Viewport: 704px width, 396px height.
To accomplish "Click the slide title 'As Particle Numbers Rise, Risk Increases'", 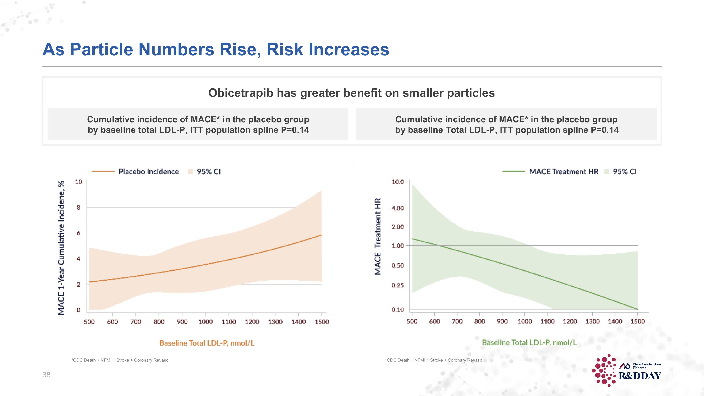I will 216,50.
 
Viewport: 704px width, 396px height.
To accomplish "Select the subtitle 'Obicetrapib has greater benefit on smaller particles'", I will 352,93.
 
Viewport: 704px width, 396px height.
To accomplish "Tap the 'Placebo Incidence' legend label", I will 148,172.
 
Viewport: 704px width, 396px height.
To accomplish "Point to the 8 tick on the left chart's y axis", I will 78,208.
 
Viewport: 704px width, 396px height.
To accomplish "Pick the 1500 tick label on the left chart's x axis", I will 322,322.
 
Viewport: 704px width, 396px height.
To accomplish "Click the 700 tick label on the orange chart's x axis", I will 136,322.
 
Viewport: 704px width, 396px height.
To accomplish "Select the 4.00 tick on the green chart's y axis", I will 397,208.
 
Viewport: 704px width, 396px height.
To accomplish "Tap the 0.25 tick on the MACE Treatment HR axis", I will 397,285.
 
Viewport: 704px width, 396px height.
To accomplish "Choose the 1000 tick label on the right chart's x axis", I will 525,321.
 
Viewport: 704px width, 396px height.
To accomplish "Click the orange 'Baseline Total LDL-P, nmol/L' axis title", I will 207,343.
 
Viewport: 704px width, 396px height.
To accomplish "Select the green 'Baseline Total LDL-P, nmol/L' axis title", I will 529,342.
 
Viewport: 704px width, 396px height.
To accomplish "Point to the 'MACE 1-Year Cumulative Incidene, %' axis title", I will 61,248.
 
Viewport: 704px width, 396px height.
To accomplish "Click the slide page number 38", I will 46,375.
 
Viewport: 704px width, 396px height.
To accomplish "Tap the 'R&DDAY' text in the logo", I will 639,376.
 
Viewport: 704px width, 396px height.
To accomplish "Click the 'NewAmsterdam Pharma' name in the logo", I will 647,366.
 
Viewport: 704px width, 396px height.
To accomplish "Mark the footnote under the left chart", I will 120,360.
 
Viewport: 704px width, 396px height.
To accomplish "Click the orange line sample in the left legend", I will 103,172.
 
